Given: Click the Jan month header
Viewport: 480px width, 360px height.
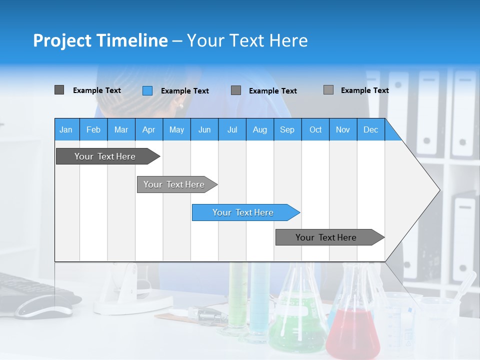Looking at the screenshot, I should point(66,129).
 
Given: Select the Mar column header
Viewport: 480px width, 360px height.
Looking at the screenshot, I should point(121,129).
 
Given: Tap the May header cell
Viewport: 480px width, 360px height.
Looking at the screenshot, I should point(176,129).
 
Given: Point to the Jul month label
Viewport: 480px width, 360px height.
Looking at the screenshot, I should point(232,129).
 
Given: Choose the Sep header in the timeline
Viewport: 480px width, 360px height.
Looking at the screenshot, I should point(287,129).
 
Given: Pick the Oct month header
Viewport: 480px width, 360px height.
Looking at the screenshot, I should point(315,129).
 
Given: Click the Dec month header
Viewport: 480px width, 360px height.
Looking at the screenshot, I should point(370,129).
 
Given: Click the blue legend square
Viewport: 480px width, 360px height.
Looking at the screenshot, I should point(147,90).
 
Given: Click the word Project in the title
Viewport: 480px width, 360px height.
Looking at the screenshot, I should point(62,40).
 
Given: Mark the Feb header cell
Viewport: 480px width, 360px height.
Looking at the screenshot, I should point(93,129).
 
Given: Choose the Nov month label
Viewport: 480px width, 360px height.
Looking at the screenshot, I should point(343,129).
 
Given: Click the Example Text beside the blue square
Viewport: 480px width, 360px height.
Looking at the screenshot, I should point(184,91).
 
